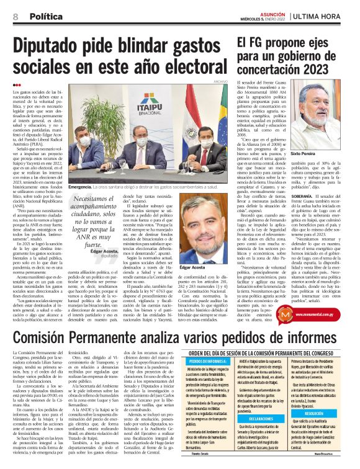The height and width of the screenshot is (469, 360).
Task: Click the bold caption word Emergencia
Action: (80, 186)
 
